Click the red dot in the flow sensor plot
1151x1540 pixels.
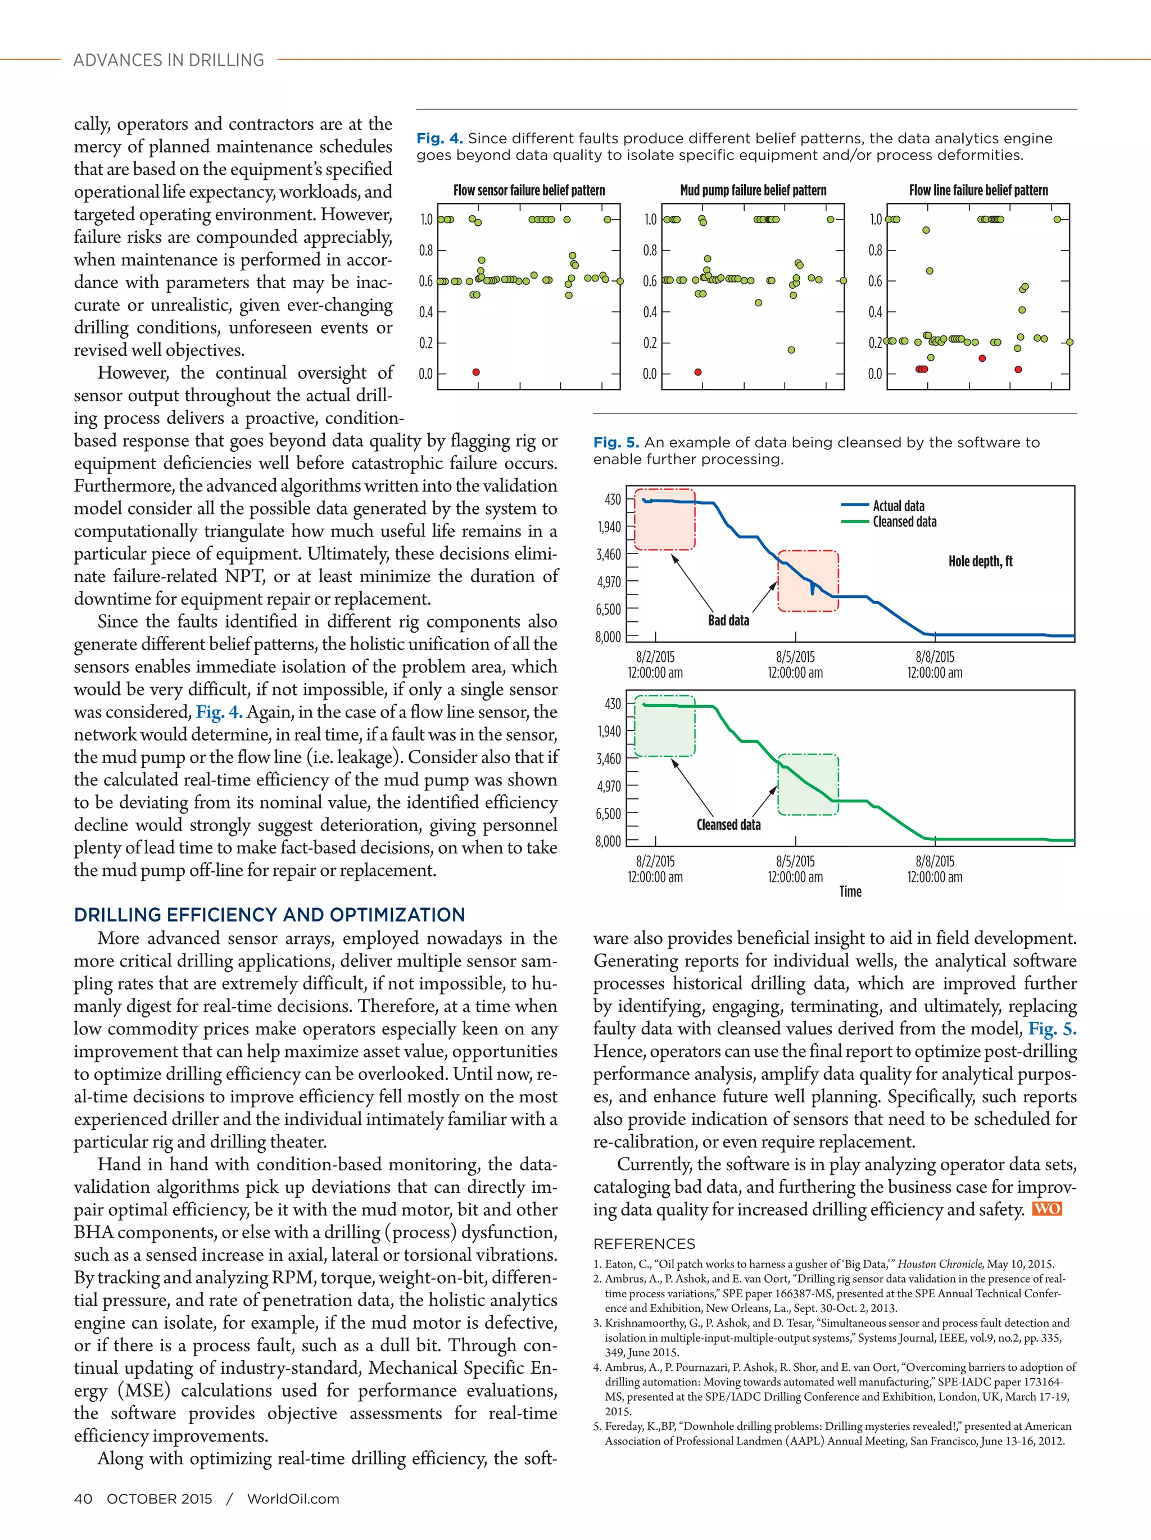pos(476,372)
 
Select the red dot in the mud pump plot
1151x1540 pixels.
pos(697,372)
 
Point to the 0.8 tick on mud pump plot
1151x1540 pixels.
pos(650,250)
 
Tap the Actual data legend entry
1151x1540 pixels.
pos(898,506)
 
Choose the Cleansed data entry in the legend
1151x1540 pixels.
pos(904,521)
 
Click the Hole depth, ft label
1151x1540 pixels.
pos(980,561)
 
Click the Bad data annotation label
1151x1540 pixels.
pos(728,620)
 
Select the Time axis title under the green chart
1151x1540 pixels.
pos(850,891)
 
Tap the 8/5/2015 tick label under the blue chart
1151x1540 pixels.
pos(795,657)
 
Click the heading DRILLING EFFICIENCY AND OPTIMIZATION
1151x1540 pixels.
pos(269,915)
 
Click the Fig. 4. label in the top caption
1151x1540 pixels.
pos(439,139)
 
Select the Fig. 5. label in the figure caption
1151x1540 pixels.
pos(615,442)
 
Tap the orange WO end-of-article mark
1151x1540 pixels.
pos(1046,1209)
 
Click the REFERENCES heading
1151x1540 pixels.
pos(644,1244)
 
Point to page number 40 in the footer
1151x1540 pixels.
pos(83,1499)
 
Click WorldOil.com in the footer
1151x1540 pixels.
pos(293,1499)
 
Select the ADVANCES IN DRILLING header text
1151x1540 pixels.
pos(169,61)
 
